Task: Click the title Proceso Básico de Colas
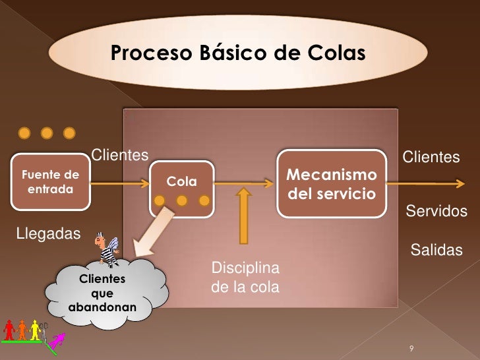[237, 53]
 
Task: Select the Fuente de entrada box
[51, 182]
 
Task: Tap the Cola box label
[181, 181]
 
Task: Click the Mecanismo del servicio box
[332, 184]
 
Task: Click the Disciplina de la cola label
[245, 278]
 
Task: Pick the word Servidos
[436, 212]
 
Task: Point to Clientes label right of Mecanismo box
[431, 157]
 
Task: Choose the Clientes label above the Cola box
[119, 155]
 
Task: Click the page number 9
[411, 348]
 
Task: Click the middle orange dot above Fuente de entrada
[47, 133]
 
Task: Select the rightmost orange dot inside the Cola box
[204, 200]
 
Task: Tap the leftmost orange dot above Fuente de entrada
[24, 133]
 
